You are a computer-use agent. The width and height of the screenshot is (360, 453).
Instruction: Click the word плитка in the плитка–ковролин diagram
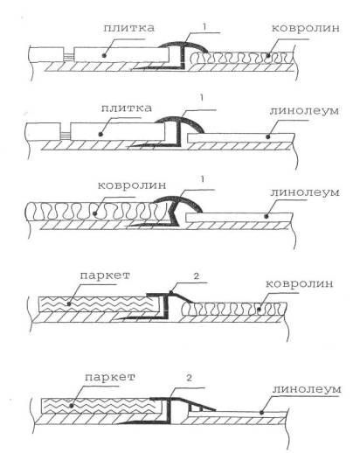(128, 28)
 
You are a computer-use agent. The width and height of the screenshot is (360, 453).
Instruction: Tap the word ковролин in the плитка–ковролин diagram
(306, 28)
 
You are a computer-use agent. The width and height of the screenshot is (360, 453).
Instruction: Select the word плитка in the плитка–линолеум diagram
(127, 108)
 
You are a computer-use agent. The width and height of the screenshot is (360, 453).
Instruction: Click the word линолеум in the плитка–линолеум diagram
(304, 111)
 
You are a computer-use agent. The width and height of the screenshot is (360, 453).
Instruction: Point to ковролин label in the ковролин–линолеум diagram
(132, 185)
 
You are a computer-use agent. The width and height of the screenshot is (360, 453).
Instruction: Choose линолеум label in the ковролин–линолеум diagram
(305, 192)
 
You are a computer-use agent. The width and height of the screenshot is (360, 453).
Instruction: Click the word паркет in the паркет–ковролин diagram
(105, 275)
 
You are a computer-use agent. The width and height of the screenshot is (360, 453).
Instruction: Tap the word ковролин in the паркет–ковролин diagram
(300, 284)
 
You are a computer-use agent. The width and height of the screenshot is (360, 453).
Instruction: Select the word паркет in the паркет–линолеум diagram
(110, 377)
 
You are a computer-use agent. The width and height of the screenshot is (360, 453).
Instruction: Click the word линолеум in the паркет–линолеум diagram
(307, 389)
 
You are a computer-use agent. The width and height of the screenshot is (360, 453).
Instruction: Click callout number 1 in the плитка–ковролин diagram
(204, 27)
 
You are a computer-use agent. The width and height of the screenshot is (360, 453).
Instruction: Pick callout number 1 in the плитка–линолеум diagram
(202, 98)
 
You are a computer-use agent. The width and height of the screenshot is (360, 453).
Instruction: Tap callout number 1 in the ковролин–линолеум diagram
(202, 178)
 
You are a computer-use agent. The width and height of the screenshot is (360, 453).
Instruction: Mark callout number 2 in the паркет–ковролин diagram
(197, 275)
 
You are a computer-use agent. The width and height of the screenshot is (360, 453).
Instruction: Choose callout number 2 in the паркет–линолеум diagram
(190, 378)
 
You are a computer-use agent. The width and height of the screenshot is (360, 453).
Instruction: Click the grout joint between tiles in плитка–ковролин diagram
(68, 56)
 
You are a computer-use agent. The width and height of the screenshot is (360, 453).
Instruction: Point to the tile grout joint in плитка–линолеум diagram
(66, 135)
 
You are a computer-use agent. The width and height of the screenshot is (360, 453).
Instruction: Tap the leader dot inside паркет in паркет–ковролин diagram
(69, 303)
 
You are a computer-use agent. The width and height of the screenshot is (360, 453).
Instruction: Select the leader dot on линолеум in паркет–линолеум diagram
(261, 413)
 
